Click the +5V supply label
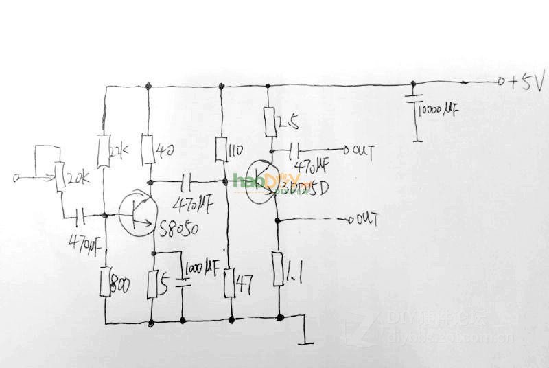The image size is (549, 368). coord(525,83)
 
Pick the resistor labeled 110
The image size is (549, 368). coord(221,149)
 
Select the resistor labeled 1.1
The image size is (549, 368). coord(279,269)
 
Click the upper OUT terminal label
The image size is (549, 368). coord(361,150)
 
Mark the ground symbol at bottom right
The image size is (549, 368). coord(304,338)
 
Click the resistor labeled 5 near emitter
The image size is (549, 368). coord(153,283)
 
